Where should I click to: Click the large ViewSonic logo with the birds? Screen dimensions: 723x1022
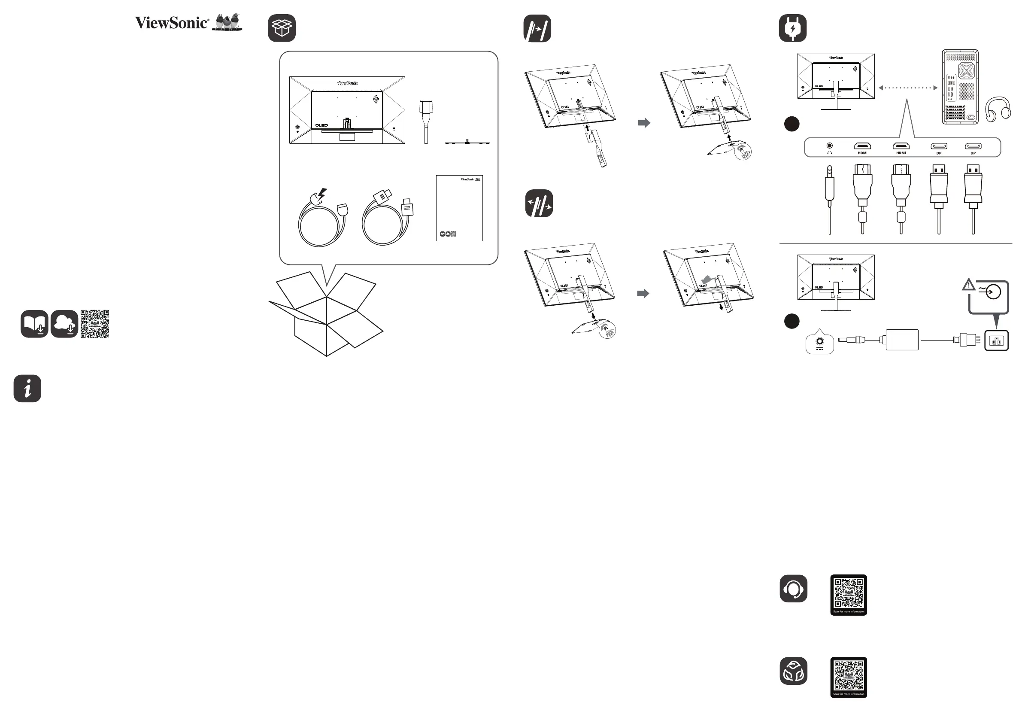tap(188, 22)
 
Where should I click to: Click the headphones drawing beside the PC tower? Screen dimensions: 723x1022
tap(998, 109)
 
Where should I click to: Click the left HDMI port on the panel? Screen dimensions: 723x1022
tap(862, 146)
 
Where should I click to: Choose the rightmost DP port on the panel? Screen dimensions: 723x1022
tap(973, 146)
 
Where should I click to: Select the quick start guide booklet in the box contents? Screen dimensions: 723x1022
tap(459, 208)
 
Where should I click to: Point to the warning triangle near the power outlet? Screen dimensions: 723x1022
tap(968, 285)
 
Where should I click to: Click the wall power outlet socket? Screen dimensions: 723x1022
tap(996, 341)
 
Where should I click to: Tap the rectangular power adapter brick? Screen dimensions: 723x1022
tap(902, 340)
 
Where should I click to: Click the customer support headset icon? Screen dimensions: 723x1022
tap(793, 589)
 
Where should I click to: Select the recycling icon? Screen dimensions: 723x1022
tap(793, 671)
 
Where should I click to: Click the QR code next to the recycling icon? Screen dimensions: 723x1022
tap(849, 677)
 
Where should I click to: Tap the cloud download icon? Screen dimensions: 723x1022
tap(64, 324)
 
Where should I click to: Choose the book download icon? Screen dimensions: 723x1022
tap(34, 324)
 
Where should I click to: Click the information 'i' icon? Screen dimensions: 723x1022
tap(27, 388)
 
